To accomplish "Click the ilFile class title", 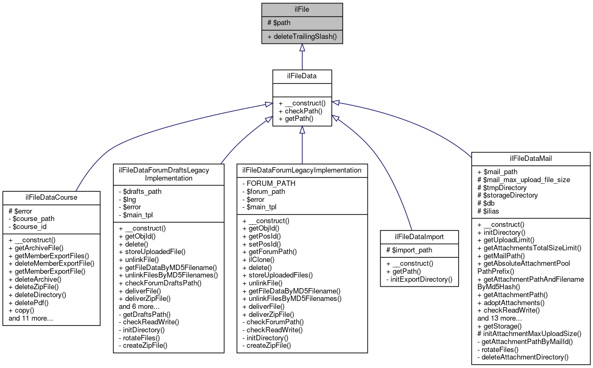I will [x=302, y=10].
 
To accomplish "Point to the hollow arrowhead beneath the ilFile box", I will [x=302, y=47].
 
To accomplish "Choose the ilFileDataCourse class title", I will [x=51, y=197].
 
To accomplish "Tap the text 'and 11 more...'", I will [x=31, y=318].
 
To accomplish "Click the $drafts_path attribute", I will [x=140, y=191].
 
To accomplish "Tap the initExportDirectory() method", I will [x=418, y=279].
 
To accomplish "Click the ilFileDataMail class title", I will [x=531, y=158].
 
